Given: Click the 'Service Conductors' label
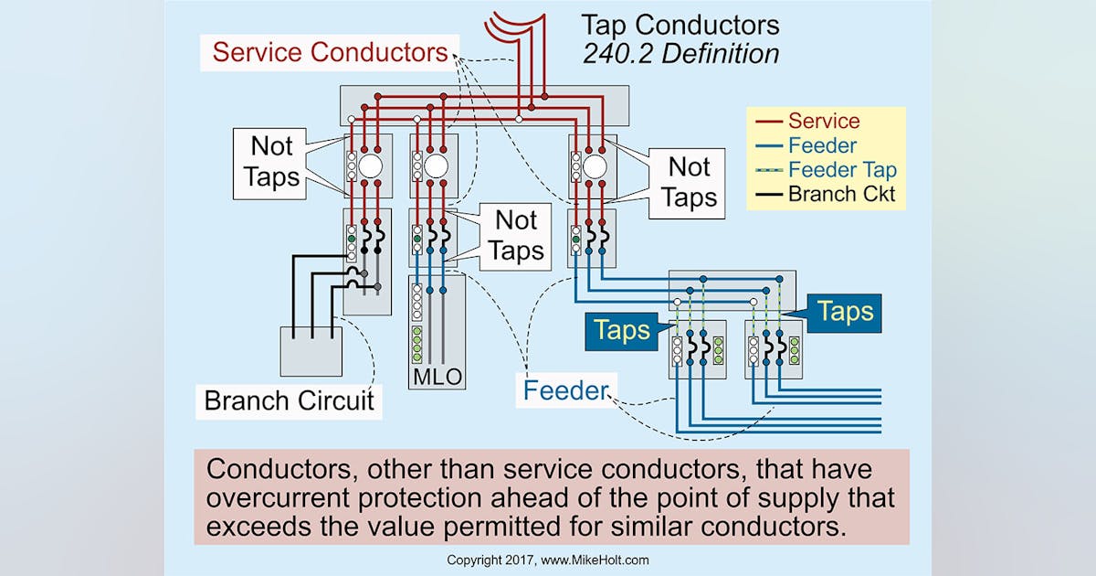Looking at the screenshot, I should (x=330, y=51).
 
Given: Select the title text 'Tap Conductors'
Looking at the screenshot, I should (x=680, y=24).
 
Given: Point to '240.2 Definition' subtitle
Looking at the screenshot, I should (x=680, y=53).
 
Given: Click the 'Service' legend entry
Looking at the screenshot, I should (x=823, y=121).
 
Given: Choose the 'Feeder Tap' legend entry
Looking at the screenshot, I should (x=841, y=169).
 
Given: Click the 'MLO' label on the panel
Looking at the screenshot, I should (x=437, y=377).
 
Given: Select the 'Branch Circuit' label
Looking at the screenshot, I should (x=289, y=400).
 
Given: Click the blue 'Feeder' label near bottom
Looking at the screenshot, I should (x=565, y=391).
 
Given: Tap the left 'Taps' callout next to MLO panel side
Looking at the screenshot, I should (x=621, y=331).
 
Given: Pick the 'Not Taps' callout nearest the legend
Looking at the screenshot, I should (x=689, y=182).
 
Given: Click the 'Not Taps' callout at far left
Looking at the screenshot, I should (x=272, y=161).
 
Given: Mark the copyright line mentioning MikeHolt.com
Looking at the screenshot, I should (x=548, y=560).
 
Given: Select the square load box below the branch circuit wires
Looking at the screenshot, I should (x=311, y=350).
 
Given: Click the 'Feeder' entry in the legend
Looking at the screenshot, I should (x=822, y=145).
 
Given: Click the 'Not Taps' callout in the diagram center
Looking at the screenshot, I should (x=517, y=235).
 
